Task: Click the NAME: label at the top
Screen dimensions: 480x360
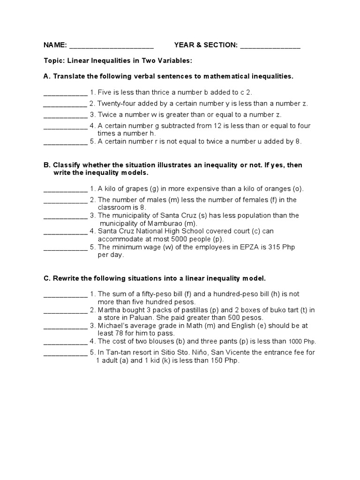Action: pyautogui.click(x=55, y=45)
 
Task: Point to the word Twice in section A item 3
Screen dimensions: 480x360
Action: pyautogui.click(x=108, y=114)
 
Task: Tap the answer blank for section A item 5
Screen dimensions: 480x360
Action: pyautogui.click(x=65, y=142)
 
